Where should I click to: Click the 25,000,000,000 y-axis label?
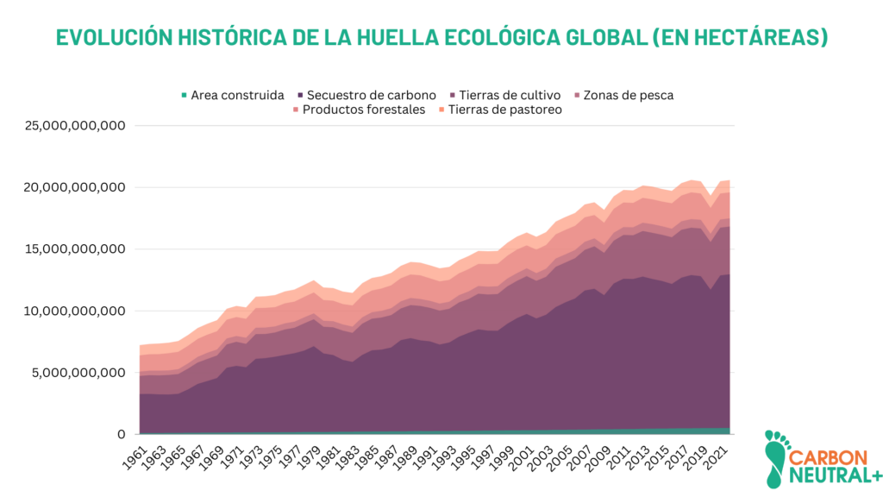tap(76, 126)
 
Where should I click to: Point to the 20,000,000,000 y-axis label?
tap(76, 187)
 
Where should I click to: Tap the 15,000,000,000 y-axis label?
tap(76, 249)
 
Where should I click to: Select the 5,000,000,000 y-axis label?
tap(80, 373)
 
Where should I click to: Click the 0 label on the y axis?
tap(122, 434)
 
